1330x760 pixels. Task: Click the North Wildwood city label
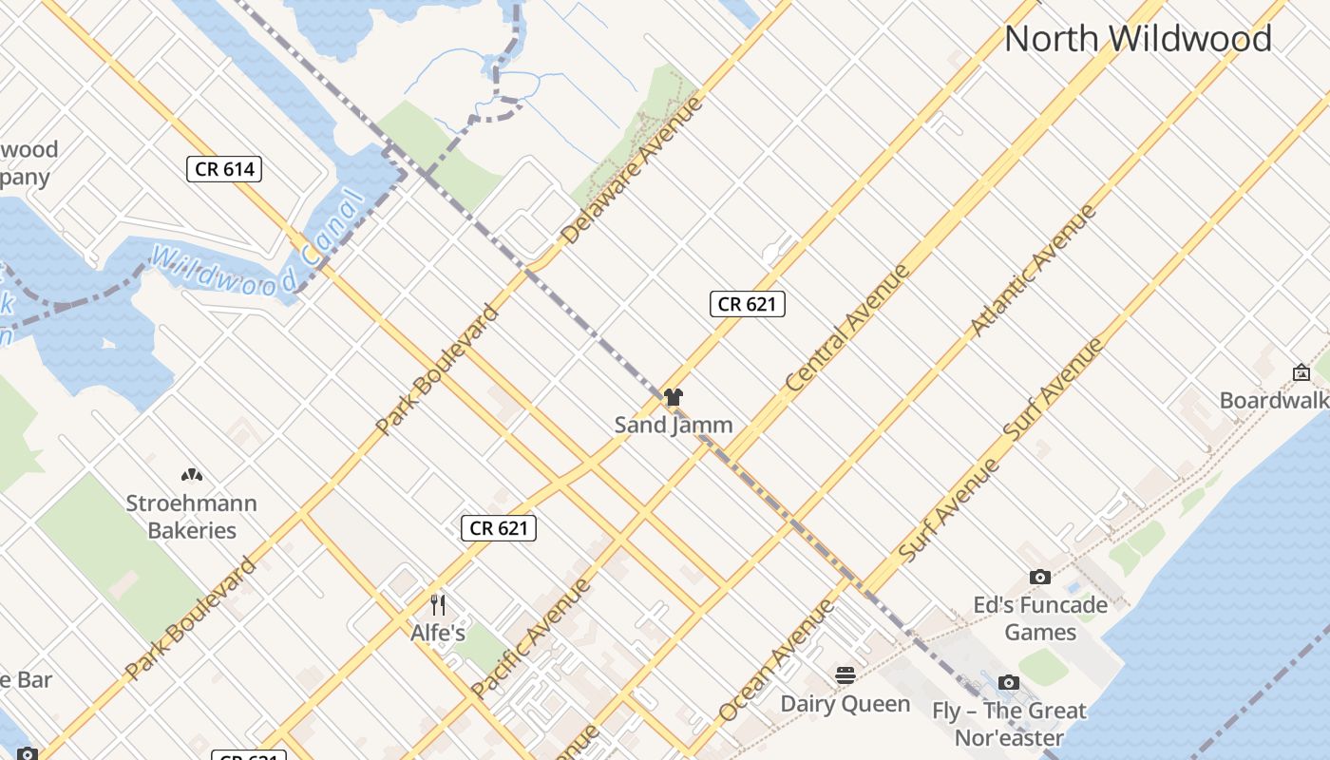click(x=1137, y=39)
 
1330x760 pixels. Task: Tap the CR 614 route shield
click(x=224, y=169)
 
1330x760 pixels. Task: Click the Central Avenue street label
click(x=848, y=329)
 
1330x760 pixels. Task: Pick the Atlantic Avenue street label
click(x=1033, y=271)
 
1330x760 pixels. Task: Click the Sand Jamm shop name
click(x=674, y=425)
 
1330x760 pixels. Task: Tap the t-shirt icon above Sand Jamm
click(x=674, y=397)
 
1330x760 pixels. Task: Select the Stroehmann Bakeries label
click(x=192, y=516)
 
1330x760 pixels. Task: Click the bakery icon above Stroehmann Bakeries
click(x=192, y=474)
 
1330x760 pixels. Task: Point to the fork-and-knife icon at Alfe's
click(x=438, y=604)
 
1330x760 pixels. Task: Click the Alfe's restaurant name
click(x=438, y=632)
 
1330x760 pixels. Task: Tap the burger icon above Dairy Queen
click(x=845, y=675)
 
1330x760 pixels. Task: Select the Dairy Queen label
click(x=845, y=704)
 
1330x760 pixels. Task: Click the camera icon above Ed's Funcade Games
click(x=1040, y=577)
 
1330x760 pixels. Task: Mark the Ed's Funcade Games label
click(x=1040, y=618)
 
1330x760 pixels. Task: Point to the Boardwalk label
click(x=1274, y=400)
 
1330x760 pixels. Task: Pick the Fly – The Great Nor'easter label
click(x=1009, y=724)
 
